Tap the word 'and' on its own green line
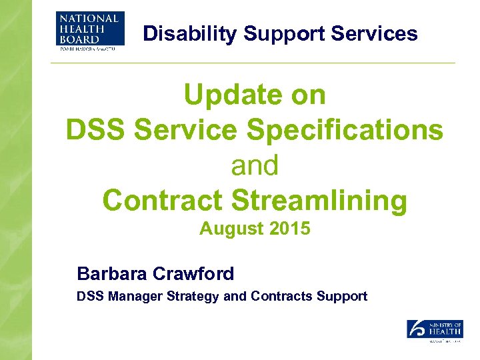coord(255,165)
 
